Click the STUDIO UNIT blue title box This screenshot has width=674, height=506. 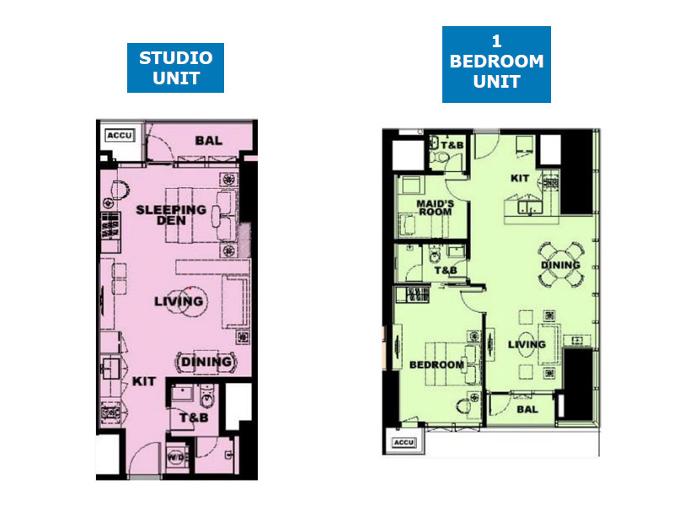(x=175, y=67)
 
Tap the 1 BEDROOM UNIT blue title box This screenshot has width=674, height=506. (x=496, y=64)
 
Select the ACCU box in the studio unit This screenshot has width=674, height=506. (x=120, y=136)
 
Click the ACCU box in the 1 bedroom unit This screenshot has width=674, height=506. (x=404, y=442)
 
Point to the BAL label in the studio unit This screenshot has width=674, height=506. (x=208, y=141)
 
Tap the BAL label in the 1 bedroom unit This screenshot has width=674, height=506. (x=527, y=409)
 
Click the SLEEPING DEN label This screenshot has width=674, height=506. (x=171, y=215)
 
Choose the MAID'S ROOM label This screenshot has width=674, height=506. (x=435, y=207)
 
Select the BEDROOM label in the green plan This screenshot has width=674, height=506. (x=436, y=365)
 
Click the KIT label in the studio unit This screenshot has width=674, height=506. (x=143, y=381)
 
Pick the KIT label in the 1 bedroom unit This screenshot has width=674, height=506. (x=520, y=178)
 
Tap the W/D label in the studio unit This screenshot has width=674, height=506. (x=175, y=457)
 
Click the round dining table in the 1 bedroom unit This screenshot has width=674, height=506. (x=560, y=264)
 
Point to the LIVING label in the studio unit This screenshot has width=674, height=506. (x=179, y=301)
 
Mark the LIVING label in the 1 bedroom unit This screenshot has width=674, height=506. (x=527, y=344)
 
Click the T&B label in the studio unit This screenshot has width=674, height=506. (x=194, y=417)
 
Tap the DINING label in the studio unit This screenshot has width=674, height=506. (x=206, y=362)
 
